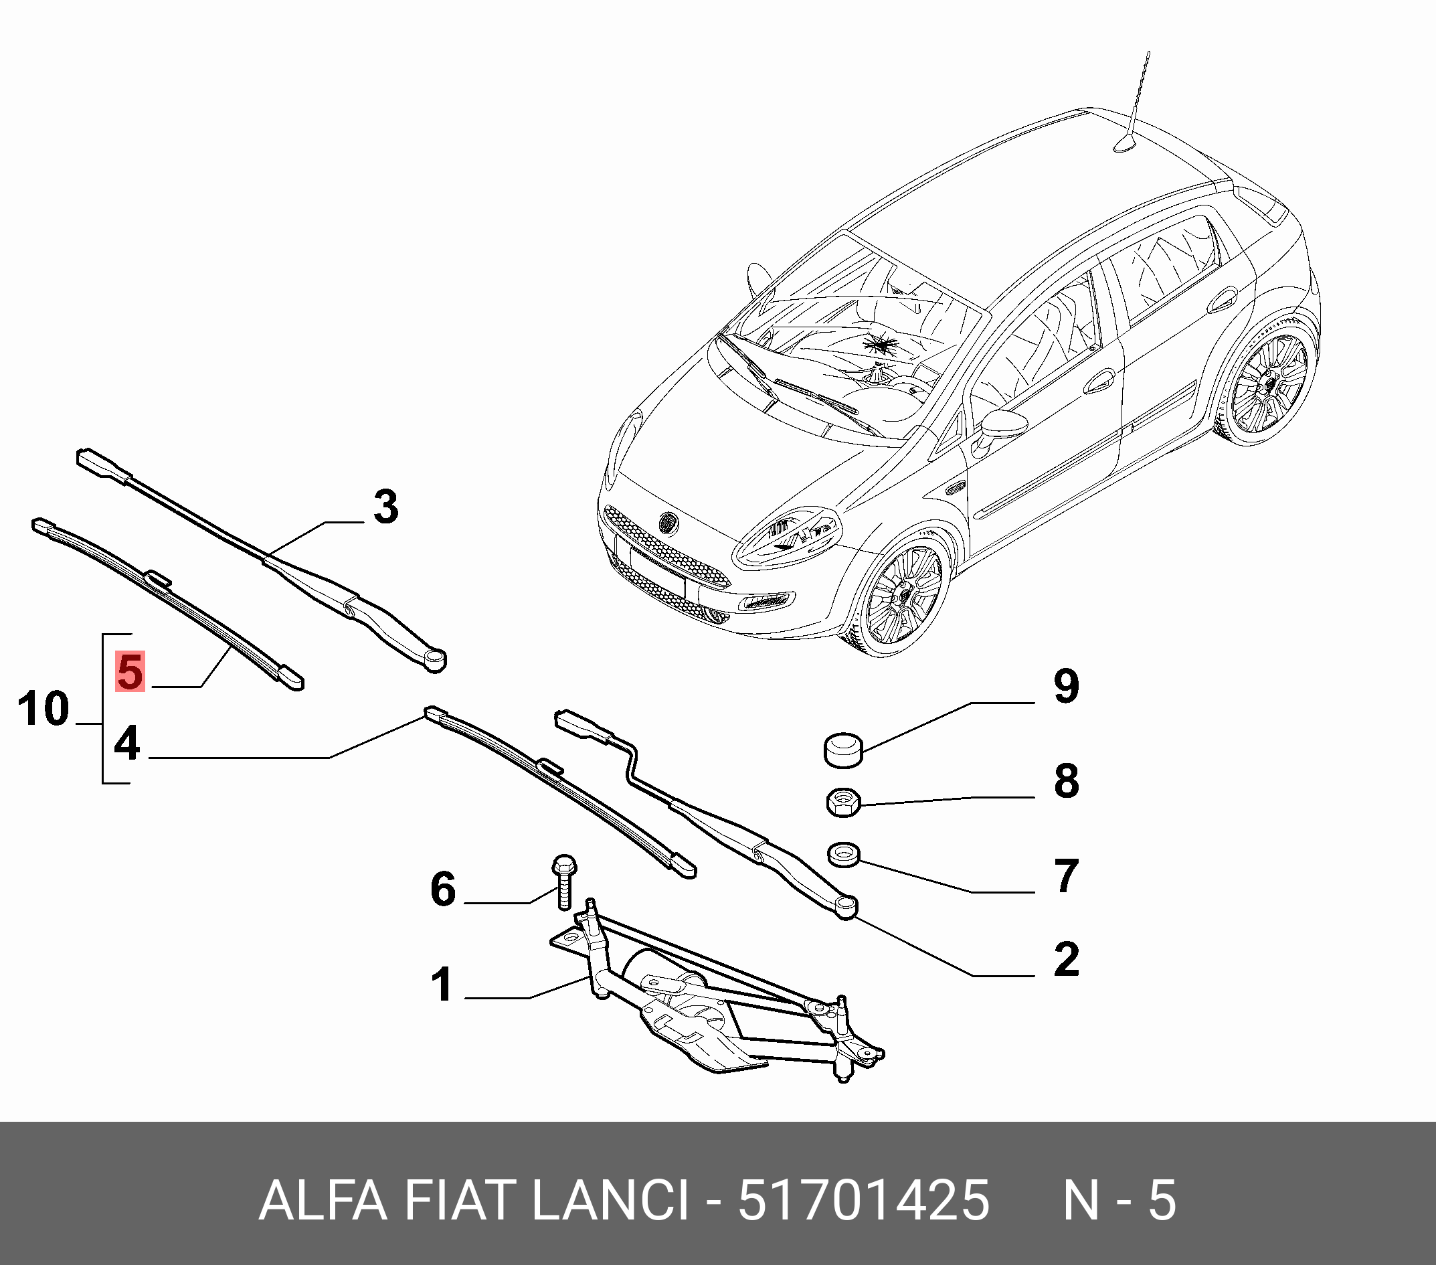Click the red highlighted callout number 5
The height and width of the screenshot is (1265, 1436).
point(130,671)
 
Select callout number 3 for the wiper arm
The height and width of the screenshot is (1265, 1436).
point(385,507)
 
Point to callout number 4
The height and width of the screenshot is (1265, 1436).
point(127,744)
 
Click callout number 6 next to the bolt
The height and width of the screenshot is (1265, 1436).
point(442,889)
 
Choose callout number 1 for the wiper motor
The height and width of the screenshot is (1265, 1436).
point(442,985)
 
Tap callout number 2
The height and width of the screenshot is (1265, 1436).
point(1067,959)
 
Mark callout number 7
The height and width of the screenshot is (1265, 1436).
point(1067,876)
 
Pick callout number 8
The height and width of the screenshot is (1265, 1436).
point(1067,780)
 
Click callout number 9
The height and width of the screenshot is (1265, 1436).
point(1067,686)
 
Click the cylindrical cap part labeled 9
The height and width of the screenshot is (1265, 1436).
point(843,749)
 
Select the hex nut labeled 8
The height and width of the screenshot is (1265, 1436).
point(843,802)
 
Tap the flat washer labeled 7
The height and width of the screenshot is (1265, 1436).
point(844,855)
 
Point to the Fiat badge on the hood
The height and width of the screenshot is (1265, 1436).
point(666,523)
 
